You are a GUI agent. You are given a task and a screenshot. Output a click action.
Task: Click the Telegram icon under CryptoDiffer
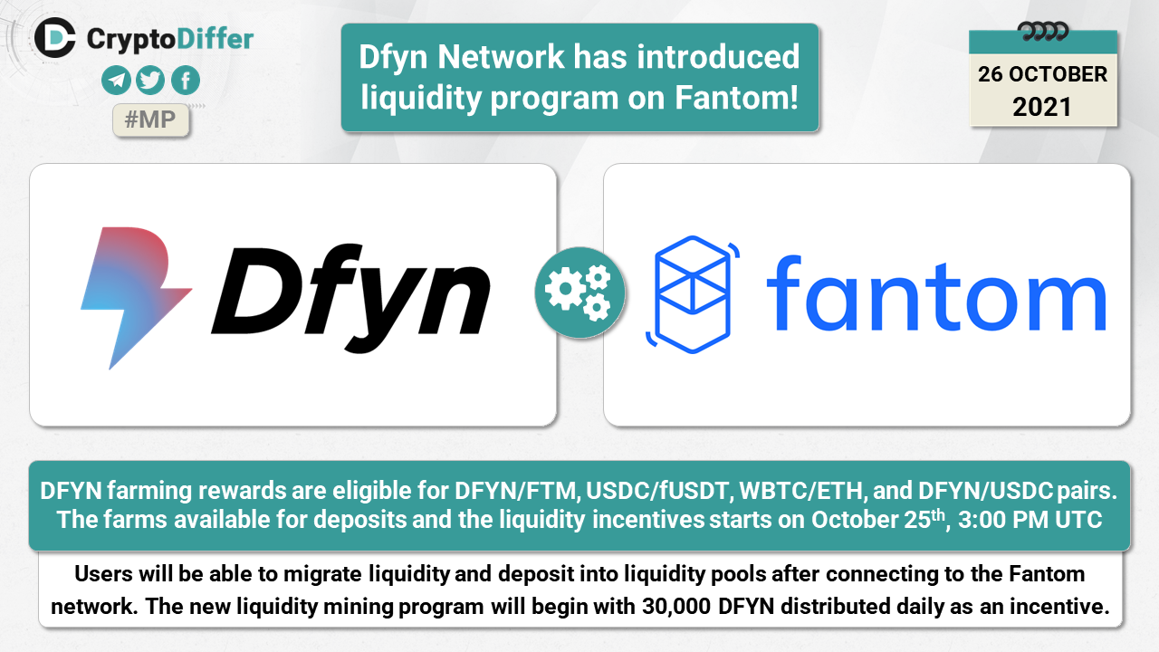(117, 81)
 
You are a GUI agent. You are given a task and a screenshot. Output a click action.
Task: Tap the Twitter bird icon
(150, 81)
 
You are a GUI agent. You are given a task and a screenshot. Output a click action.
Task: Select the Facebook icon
(185, 81)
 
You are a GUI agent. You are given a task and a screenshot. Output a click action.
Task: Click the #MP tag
(150, 120)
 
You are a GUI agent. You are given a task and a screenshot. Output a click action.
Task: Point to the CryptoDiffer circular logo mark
(55, 37)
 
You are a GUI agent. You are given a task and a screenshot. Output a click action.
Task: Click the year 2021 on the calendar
(1042, 107)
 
